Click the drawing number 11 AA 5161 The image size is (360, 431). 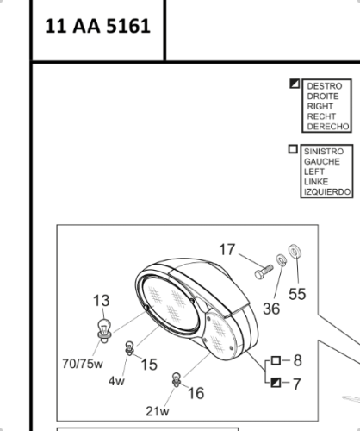pos(97,26)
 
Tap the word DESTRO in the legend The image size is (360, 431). pos(325,86)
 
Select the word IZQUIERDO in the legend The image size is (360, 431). pos(327,191)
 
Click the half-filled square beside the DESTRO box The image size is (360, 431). pos(295,84)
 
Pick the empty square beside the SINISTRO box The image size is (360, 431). pos(293,149)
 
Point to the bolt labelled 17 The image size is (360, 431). pos(264,272)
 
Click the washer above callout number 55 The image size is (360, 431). pos(295,252)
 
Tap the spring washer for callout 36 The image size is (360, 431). pos(282,260)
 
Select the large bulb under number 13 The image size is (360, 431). pos(104,330)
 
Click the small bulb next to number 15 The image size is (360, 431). pos(129,348)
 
